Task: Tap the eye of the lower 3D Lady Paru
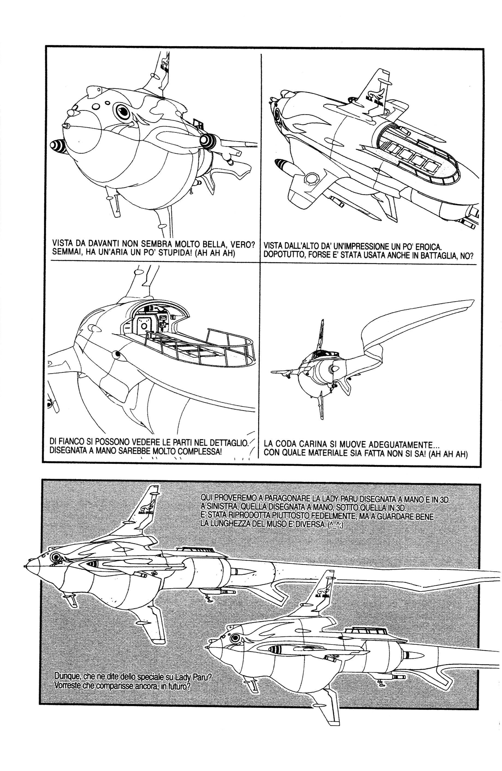point(234,637)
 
